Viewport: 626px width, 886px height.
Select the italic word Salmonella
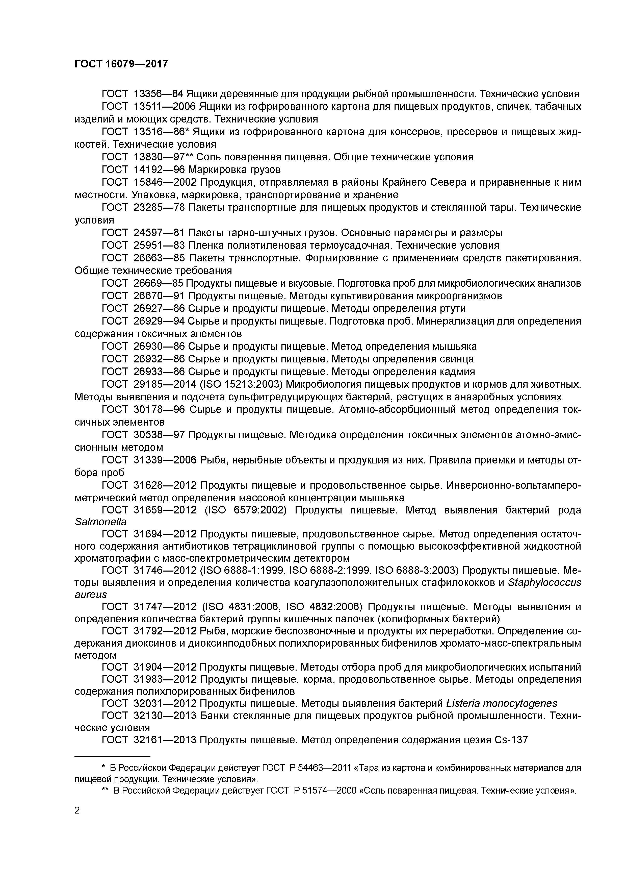[x=100, y=522]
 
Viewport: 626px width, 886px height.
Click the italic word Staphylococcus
[x=544, y=582]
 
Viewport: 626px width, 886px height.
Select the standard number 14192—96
[x=159, y=169]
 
